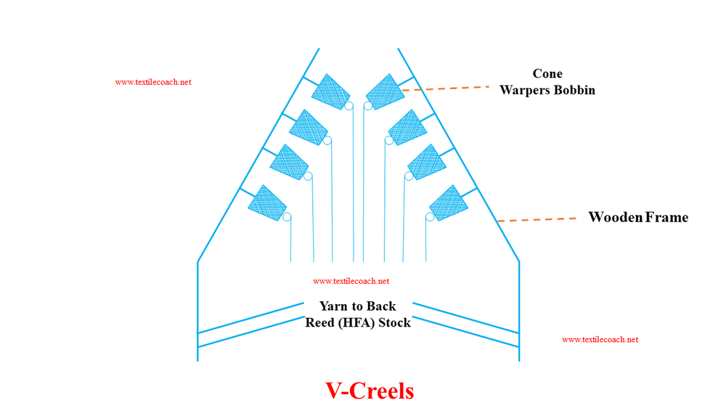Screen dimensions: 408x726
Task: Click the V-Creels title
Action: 370,391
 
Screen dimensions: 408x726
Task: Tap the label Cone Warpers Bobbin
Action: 547,82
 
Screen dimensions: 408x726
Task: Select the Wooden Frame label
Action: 637,217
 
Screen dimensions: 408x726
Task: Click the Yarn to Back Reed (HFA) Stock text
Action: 358,314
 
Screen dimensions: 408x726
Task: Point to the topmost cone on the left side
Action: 330,91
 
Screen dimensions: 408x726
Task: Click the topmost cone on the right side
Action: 385,91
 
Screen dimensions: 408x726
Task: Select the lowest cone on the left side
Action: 267,203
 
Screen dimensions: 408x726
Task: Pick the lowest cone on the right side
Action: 449,203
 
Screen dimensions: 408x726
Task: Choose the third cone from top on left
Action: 289,162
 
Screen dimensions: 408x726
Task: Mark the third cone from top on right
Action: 427,162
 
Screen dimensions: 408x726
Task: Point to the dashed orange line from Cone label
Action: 446,88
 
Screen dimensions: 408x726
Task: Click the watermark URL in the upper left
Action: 153,82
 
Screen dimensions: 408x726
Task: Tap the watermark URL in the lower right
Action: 600,339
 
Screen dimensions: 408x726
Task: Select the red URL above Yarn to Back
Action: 351,281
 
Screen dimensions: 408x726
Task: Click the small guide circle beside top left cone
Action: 348,106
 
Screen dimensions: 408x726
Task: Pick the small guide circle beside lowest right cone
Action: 430,217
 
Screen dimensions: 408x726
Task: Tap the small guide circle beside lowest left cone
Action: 287,217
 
